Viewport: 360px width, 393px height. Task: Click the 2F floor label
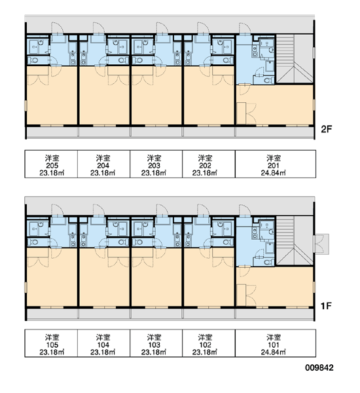point(326,129)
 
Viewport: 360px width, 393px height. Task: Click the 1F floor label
point(326,305)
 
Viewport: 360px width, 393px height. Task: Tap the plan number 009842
point(319,367)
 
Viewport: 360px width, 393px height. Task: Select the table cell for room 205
point(51,164)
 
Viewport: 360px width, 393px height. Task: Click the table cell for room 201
point(276,164)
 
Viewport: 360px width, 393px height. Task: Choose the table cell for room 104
point(103,343)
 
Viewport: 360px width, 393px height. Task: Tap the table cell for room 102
point(209,343)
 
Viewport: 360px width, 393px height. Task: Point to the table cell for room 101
point(276,343)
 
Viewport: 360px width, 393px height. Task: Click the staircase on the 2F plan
point(294,59)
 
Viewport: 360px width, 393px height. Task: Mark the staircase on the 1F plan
point(294,240)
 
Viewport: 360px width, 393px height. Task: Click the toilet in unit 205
point(33,60)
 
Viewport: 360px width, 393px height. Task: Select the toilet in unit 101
point(268,262)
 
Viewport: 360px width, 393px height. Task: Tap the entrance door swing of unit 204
point(98,28)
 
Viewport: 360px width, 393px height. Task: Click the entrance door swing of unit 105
point(57,210)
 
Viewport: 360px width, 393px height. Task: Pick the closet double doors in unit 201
point(251,113)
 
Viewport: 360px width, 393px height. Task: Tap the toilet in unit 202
point(227,60)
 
